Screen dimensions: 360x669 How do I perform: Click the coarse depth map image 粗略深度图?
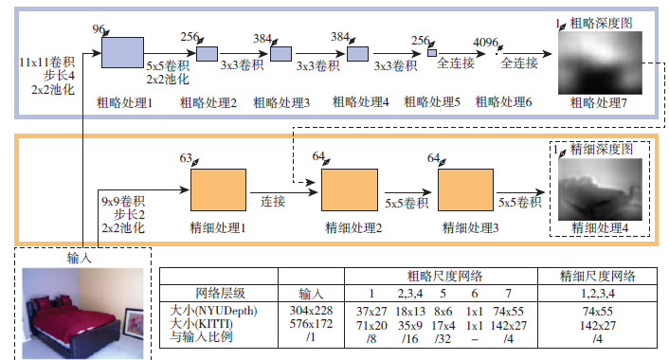[x=599, y=62]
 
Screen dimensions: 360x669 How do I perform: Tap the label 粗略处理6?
[x=502, y=101]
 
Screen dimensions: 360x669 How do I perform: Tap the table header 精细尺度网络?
[x=596, y=276]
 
